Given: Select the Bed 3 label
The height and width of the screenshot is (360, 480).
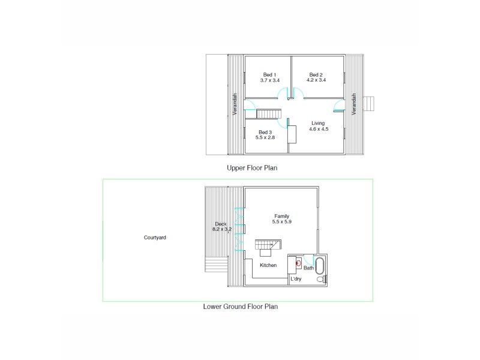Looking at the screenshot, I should point(266,132).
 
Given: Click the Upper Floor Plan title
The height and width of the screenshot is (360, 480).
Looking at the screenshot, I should point(251,168).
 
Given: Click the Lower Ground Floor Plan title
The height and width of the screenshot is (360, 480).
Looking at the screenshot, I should point(240,306).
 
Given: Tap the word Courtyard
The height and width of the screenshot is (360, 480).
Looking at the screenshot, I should point(155,238).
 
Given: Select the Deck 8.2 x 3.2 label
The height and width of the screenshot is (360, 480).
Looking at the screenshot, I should point(222,226).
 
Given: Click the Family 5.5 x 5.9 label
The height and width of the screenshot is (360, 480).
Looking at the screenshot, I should point(282,218).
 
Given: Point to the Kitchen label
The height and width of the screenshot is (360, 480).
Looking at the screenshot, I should point(268,265).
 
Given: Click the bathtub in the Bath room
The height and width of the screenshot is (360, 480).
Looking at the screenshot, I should point(319,265).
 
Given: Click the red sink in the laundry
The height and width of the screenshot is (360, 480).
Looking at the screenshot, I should point(298,263).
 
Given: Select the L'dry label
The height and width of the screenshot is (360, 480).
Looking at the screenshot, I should point(296,280).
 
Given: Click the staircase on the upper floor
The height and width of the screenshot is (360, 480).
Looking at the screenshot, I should point(269,114).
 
